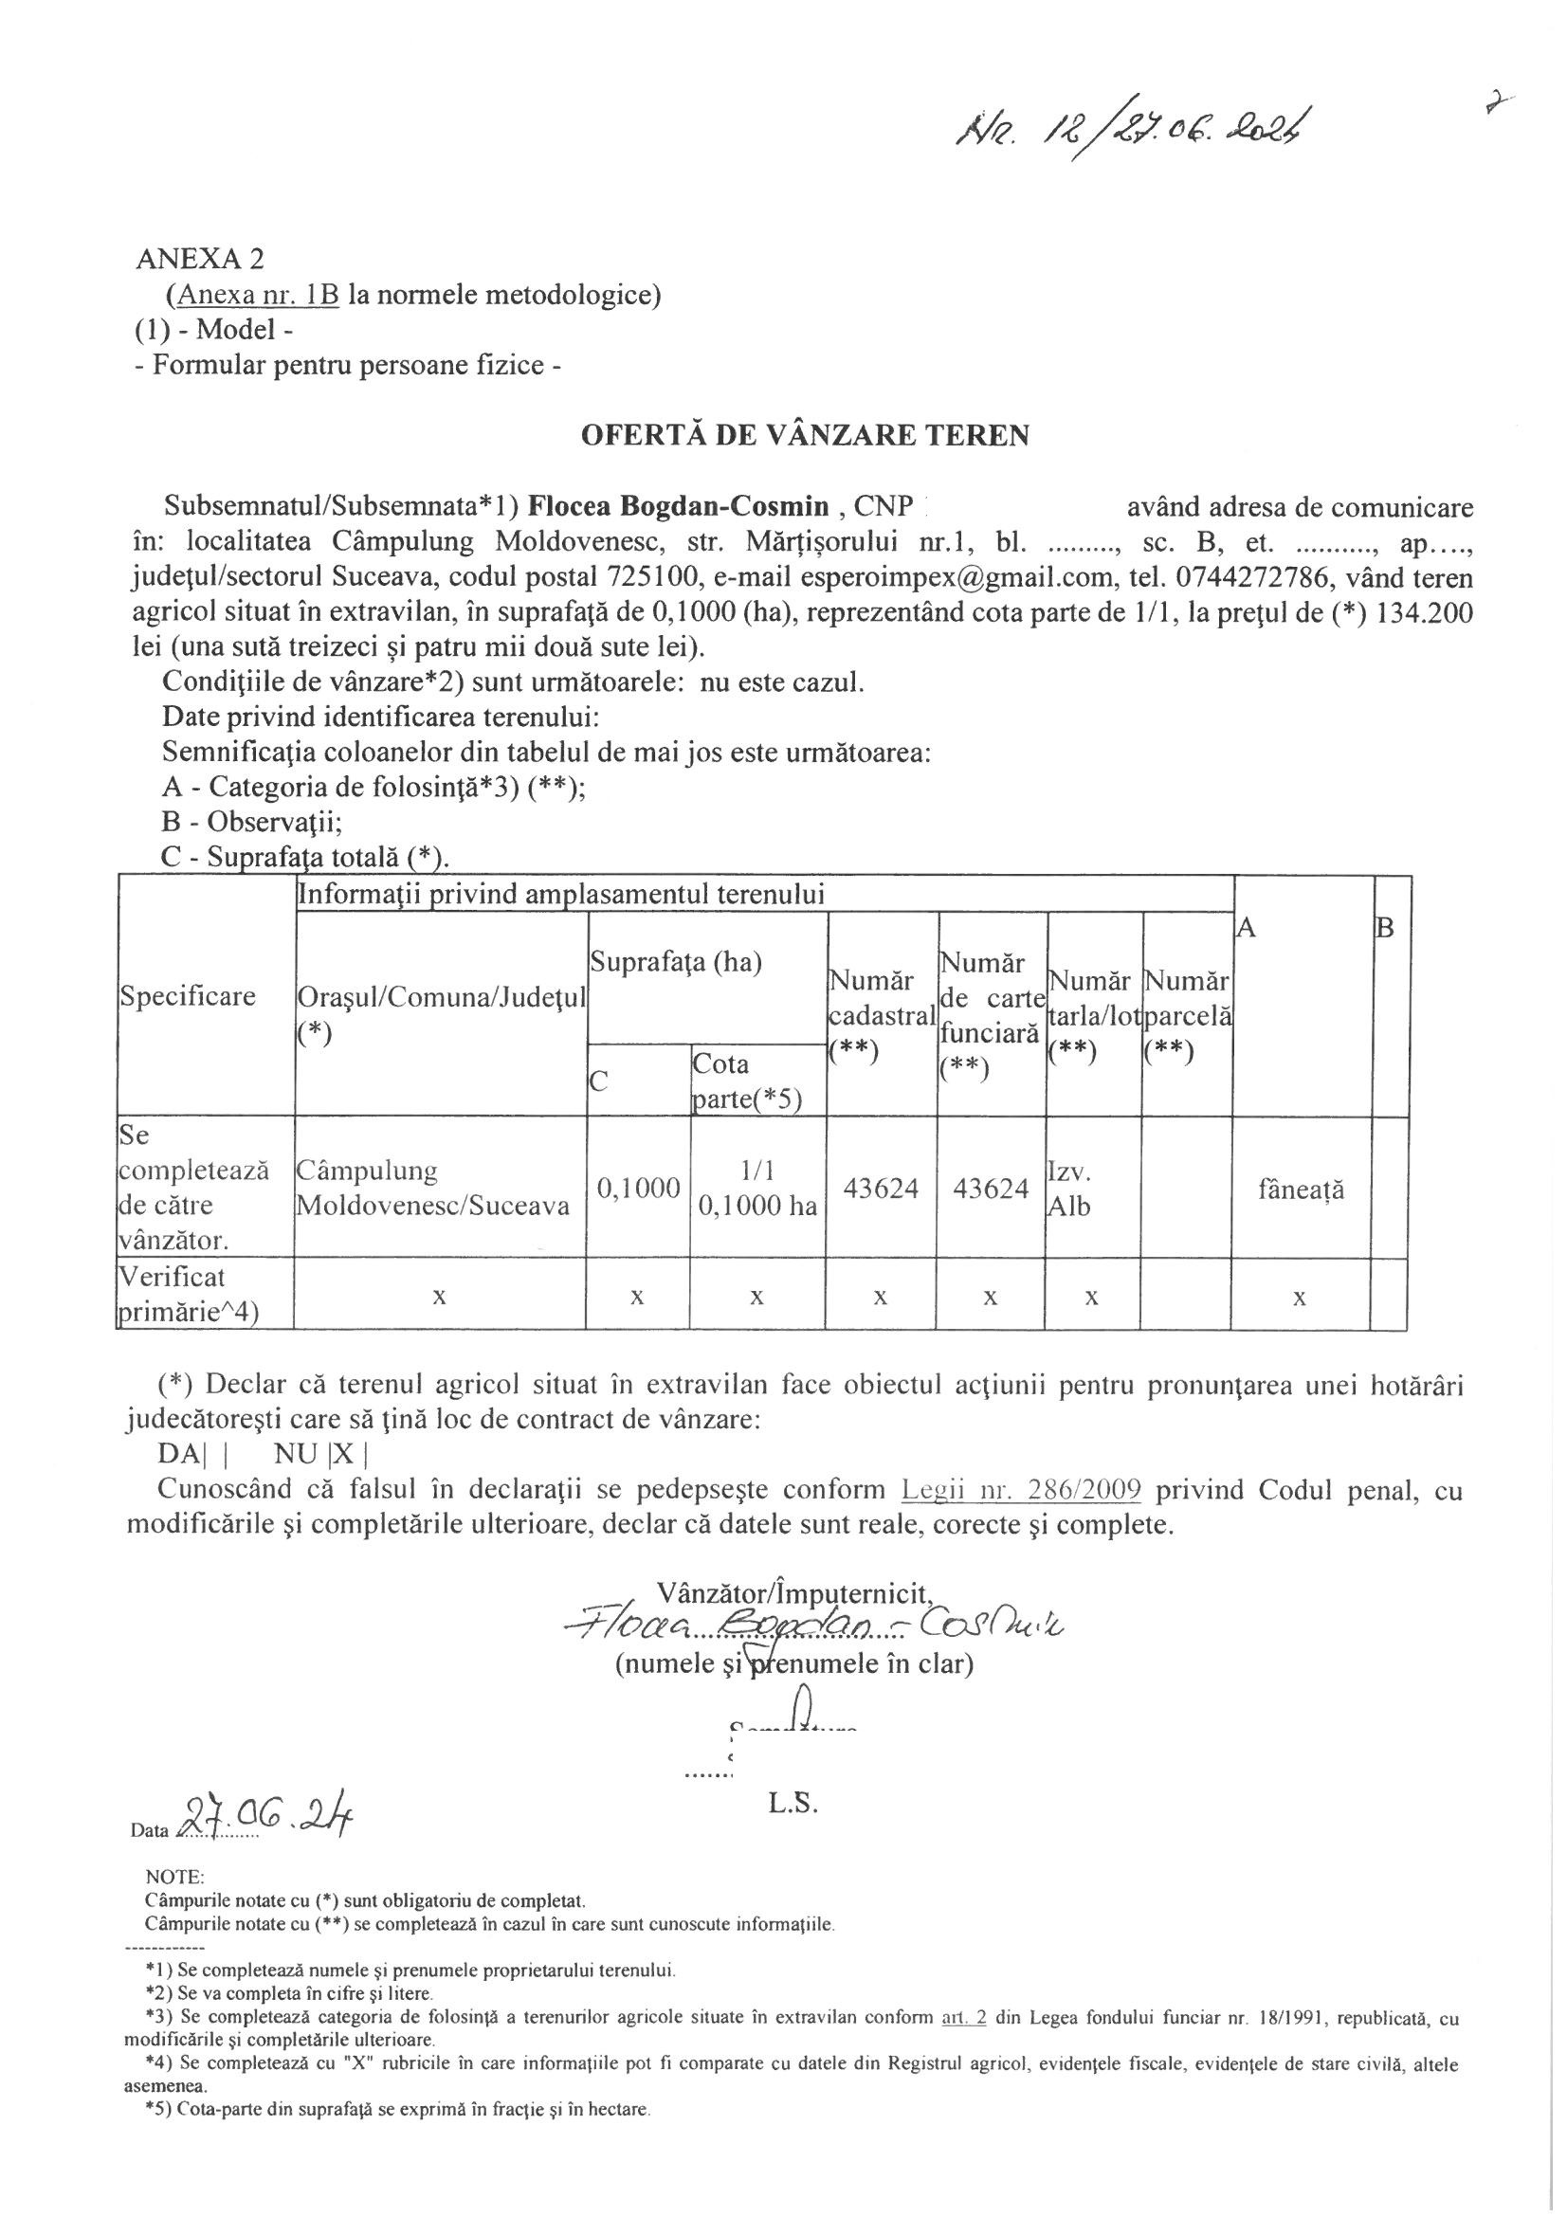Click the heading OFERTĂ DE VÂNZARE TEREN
[804, 435]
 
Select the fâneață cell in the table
[1301, 1190]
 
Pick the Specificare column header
[188, 996]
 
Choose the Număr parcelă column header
[1186, 1014]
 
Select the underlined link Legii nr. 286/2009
[1021, 1489]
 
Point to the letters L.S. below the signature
[793, 1802]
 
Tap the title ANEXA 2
[200, 259]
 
